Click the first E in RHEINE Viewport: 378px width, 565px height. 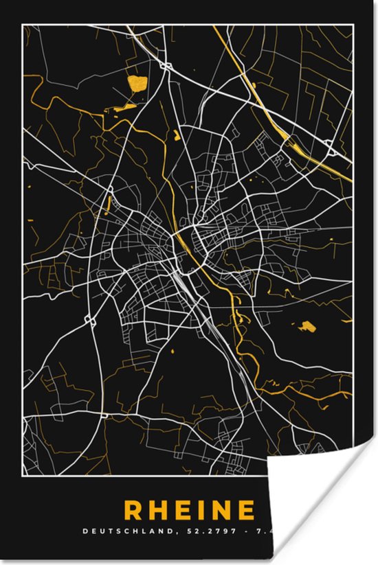tap(192, 511)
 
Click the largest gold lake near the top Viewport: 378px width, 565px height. tap(138, 86)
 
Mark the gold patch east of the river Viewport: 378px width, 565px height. tap(307, 325)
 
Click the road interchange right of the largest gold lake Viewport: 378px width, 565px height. tap(166, 66)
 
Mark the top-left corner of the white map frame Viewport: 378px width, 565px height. tap(23, 25)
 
